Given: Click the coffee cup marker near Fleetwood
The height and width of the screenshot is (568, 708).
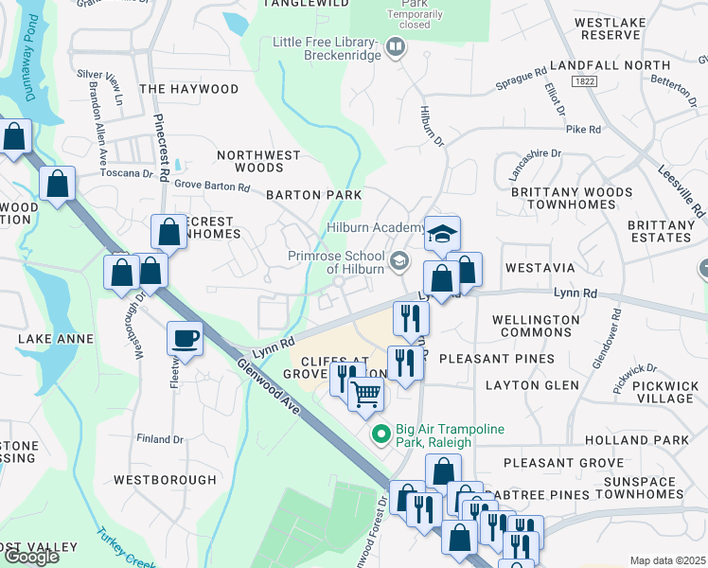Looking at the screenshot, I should pyautogui.click(x=186, y=338).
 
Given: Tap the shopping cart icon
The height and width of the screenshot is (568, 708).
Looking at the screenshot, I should pyautogui.click(x=366, y=393).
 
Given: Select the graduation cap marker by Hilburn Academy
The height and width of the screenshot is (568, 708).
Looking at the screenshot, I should pyautogui.click(x=441, y=235).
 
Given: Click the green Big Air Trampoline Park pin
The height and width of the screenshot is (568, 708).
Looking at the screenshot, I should pyautogui.click(x=381, y=435).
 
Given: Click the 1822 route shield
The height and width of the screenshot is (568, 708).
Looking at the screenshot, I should pyautogui.click(x=583, y=82).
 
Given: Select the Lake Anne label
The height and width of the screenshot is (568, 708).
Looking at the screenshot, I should pyautogui.click(x=56, y=338).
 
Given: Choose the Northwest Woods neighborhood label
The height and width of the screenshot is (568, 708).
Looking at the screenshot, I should pyautogui.click(x=258, y=161).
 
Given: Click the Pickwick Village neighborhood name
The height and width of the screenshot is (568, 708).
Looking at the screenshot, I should pyautogui.click(x=664, y=392).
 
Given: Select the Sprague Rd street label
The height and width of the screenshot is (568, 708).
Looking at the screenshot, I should pyautogui.click(x=522, y=79).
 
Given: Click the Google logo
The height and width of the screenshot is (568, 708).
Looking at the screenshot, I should pyautogui.click(x=30, y=557).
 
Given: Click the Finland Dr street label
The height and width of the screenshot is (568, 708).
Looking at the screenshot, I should pyautogui.click(x=159, y=439).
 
